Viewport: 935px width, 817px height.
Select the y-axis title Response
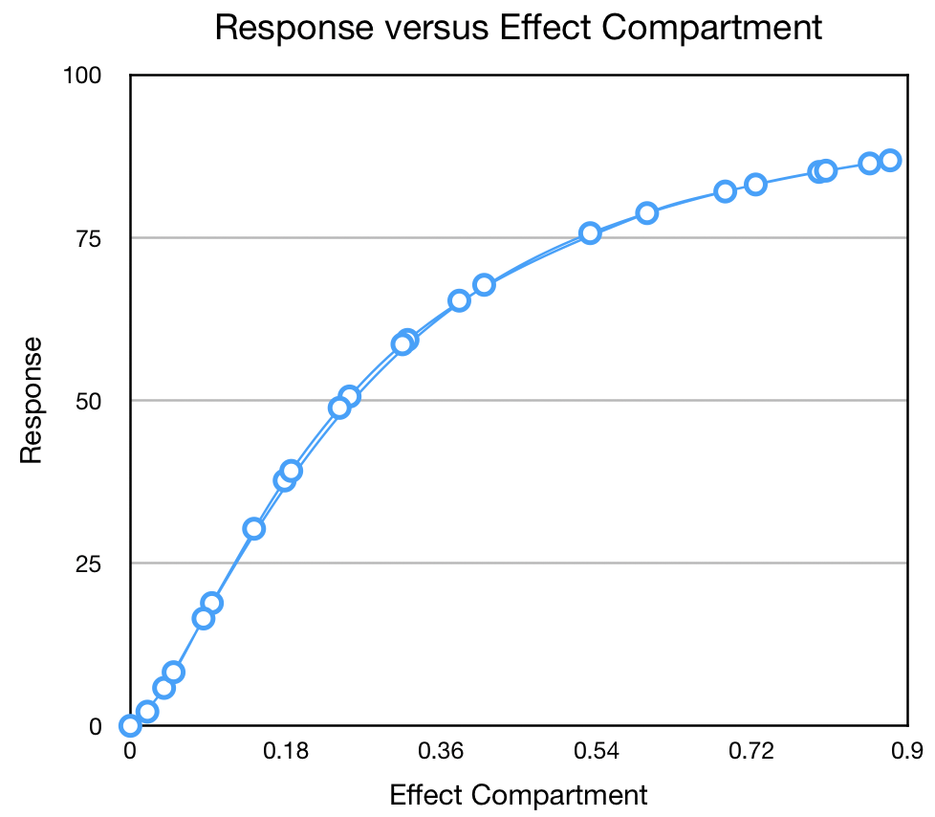coord(32,400)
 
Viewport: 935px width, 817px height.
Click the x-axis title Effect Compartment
coord(518,795)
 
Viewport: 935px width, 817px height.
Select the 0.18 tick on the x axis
coord(285,752)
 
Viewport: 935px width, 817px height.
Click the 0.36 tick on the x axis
coord(440,752)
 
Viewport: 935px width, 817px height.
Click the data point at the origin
coord(130,726)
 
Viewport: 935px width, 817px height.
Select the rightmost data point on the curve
coord(890,160)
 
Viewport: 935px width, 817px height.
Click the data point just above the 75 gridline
coord(590,232)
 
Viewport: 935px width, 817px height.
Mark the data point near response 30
coord(253,528)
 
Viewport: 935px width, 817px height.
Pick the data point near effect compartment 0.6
coord(647,212)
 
